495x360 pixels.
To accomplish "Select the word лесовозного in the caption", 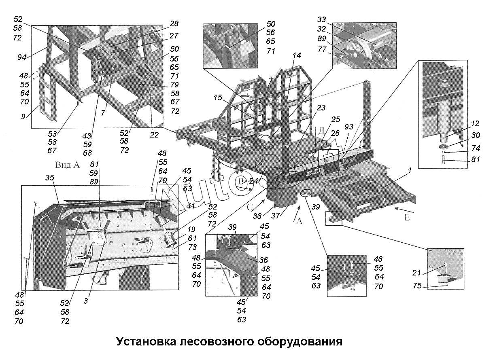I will click(x=215, y=341).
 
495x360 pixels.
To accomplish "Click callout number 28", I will click(x=174, y=24).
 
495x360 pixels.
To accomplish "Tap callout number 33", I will click(x=322, y=19).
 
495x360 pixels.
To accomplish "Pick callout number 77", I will click(x=322, y=49).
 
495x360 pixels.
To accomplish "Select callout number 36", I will click(x=264, y=260).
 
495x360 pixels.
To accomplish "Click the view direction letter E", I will click(x=407, y=218).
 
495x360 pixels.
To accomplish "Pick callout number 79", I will click(x=174, y=85).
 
